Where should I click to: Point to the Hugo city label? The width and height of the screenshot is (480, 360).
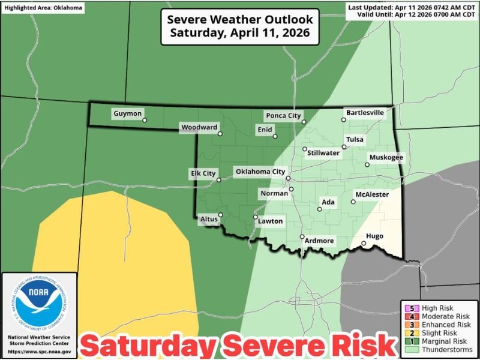point(374,236)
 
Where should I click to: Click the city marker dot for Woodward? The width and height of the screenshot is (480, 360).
point(220,134)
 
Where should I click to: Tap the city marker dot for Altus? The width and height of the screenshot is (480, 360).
point(220,215)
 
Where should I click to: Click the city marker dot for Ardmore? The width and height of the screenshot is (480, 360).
point(302,236)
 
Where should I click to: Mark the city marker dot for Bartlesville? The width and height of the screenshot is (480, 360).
point(344,120)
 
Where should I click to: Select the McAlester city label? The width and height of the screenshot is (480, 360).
point(372,194)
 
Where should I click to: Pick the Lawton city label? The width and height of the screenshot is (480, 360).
point(270,221)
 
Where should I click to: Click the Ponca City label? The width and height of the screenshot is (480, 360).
point(283,115)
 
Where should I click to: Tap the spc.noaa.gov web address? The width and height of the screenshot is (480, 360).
point(40,352)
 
